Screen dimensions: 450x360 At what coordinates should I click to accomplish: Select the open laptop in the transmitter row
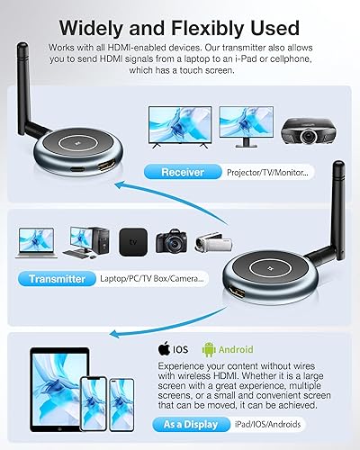pyautogui.click(x=33, y=242)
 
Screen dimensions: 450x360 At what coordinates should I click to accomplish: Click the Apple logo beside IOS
pyautogui.click(x=164, y=349)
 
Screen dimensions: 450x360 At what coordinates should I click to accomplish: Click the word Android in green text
pyautogui.click(x=236, y=349)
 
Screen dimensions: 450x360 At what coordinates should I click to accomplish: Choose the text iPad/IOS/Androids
pyautogui.click(x=268, y=424)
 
